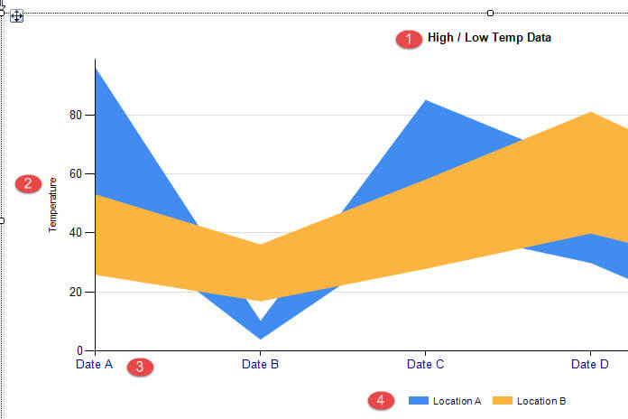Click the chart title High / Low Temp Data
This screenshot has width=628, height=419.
point(489,38)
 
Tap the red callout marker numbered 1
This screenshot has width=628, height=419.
point(408,39)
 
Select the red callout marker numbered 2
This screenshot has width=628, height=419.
point(28,183)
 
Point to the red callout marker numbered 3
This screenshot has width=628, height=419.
point(140,367)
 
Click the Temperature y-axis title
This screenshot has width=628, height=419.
point(53,204)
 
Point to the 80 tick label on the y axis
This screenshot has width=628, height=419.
point(76,115)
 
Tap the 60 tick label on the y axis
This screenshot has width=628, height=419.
point(76,173)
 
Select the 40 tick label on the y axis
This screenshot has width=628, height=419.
point(76,232)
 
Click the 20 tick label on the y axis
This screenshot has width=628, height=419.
point(76,292)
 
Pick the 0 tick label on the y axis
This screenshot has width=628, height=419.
point(79,350)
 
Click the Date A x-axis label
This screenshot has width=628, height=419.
point(94,365)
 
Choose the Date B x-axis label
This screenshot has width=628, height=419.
point(260,365)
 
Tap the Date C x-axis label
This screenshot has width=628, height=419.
point(425,365)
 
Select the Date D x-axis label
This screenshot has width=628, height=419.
point(590,365)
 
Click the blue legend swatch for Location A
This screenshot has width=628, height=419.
point(418,400)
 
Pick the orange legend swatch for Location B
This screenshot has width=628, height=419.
point(502,400)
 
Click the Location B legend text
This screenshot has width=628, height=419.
point(541,400)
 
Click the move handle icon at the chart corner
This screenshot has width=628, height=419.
point(17,16)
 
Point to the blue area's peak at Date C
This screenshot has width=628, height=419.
point(425,102)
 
